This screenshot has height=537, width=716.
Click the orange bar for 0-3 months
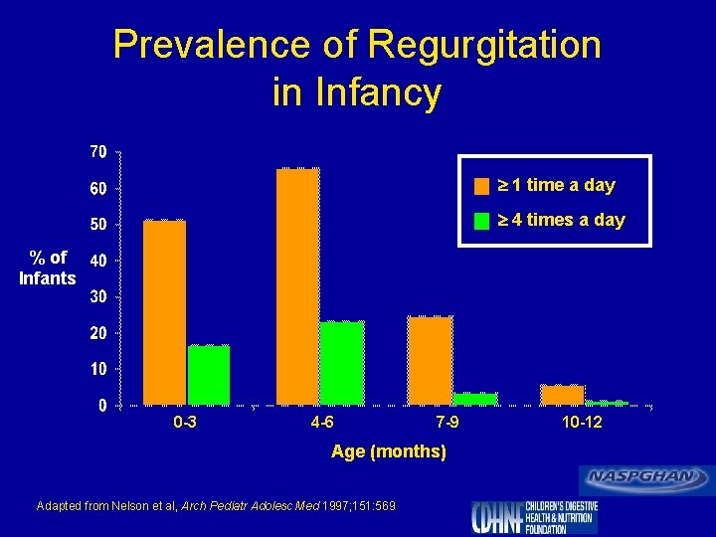(x=164, y=312)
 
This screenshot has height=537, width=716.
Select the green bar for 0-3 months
(x=208, y=375)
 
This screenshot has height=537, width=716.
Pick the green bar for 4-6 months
(x=341, y=363)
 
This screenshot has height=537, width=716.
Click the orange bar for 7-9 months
(x=430, y=360)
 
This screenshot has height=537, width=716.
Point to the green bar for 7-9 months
(x=474, y=399)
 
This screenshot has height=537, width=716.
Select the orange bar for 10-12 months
(x=562, y=395)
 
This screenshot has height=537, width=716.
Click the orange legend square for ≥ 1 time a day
(x=482, y=186)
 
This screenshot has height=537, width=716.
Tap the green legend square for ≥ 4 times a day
(x=482, y=221)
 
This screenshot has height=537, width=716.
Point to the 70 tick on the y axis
(x=98, y=152)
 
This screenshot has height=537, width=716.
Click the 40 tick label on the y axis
(x=98, y=261)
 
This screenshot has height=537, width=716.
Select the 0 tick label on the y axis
(x=102, y=406)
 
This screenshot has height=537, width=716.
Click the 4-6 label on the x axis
(x=321, y=423)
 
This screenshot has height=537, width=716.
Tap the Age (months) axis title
(x=388, y=452)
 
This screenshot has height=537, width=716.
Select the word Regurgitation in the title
(x=483, y=45)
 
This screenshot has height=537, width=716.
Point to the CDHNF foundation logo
(x=533, y=516)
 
